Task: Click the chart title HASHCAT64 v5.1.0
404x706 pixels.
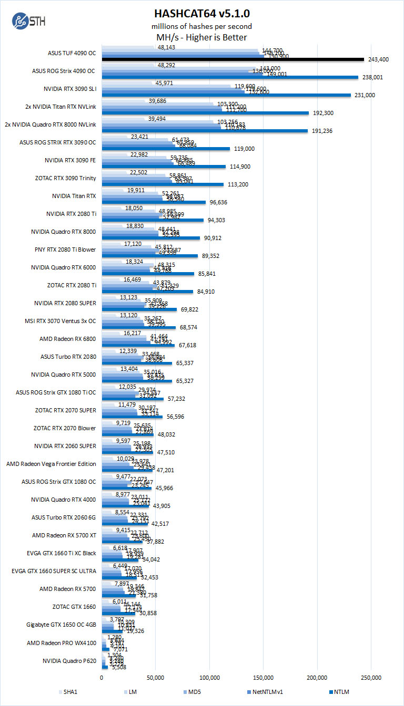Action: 202,13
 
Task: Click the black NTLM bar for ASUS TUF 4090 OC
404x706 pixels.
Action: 233,59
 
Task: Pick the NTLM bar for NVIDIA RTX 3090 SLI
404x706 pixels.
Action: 226,95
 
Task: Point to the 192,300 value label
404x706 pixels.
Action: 323,113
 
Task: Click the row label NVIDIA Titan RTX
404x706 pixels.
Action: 74,196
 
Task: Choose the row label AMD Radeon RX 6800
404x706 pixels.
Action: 68,339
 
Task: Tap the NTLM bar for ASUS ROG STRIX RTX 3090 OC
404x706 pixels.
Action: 166,149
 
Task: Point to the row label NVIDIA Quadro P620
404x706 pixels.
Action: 69,660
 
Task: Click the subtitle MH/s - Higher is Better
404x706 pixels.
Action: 202,37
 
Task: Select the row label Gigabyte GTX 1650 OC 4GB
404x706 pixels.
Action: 62,625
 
